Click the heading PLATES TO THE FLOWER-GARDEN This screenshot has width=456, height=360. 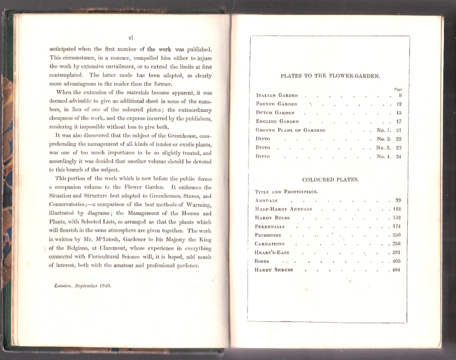click(x=330, y=76)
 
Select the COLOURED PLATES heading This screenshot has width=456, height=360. click(x=330, y=180)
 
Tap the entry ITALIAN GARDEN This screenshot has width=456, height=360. click(x=277, y=95)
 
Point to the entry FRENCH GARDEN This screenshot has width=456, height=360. click(x=277, y=104)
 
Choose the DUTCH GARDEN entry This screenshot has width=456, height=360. click(x=275, y=113)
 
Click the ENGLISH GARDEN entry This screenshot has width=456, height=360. click(x=277, y=121)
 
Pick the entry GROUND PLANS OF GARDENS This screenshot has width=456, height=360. click(x=290, y=130)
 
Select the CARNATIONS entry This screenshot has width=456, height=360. click(x=269, y=244)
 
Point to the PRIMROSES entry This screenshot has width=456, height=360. click(x=268, y=235)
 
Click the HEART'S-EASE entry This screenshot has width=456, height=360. click(x=272, y=252)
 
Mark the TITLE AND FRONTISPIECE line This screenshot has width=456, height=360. click(x=286, y=192)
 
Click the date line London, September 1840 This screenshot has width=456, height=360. click(x=83, y=286)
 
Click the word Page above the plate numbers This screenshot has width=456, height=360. click(x=398, y=89)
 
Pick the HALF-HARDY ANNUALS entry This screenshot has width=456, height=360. click(x=284, y=209)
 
